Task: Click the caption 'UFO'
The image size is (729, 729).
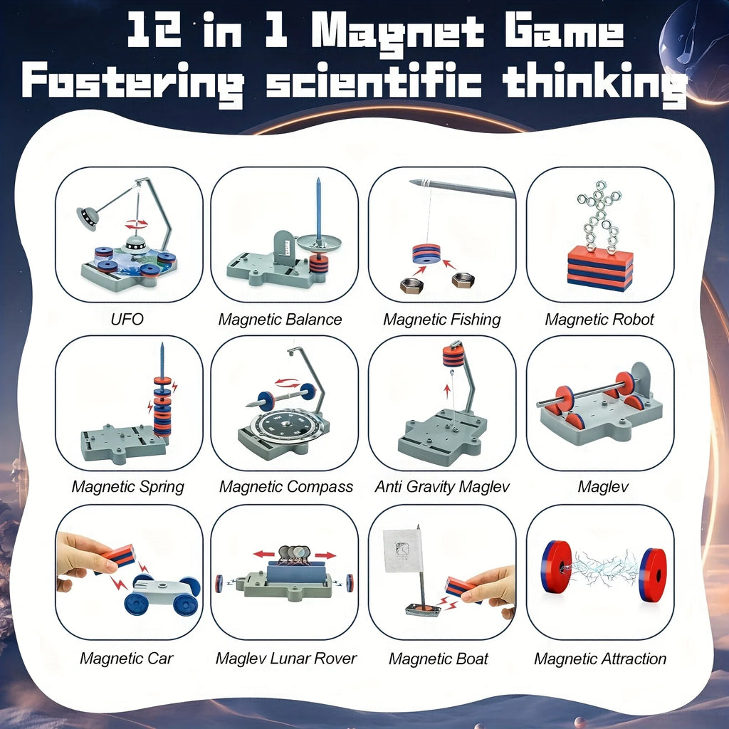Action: tap(127, 319)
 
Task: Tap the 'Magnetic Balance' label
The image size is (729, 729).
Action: tap(280, 319)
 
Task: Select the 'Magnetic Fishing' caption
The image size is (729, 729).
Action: tap(441, 319)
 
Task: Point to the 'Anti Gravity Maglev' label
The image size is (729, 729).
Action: tap(441, 487)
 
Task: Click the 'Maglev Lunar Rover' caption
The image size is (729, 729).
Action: tap(285, 659)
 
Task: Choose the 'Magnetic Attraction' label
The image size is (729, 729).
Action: tap(600, 659)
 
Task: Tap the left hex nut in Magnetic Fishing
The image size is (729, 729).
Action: tap(411, 285)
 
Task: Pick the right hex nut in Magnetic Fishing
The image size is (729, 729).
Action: tap(463, 280)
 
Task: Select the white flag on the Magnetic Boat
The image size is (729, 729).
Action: tap(403, 550)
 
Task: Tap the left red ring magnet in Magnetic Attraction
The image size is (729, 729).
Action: tap(556, 567)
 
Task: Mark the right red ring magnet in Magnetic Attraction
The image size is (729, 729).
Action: tap(652, 575)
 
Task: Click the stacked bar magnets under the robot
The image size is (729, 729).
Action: tap(599, 268)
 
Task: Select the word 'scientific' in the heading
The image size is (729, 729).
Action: tap(373, 83)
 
